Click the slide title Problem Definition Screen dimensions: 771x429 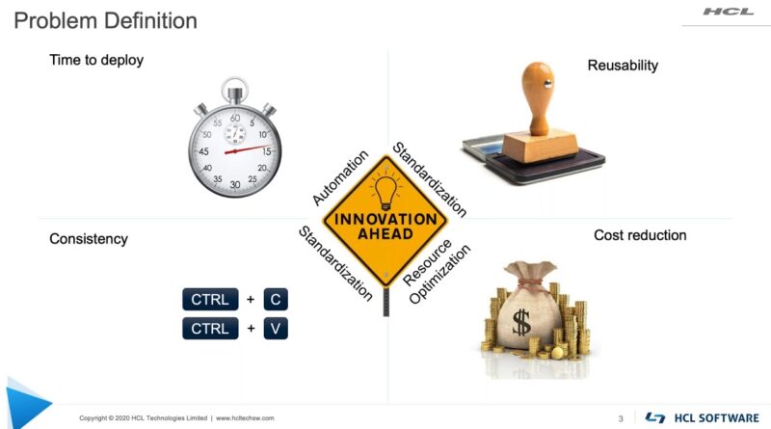(105, 21)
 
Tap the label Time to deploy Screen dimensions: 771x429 (96, 60)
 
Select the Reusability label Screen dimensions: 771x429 (623, 66)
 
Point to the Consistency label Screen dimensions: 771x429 (89, 239)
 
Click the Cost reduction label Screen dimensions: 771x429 (640, 235)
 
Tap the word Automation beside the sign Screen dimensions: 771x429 (340, 177)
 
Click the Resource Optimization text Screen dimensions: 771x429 (436, 272)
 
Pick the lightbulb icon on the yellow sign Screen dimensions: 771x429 (386, 193)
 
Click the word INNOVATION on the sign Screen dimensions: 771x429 (385, 219)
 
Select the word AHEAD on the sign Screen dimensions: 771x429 (385, 233)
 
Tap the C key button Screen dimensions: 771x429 (276, 299)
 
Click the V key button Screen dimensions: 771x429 (276, 328)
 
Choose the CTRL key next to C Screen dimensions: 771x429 (210, 299)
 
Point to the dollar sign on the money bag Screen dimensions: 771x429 (521, 323)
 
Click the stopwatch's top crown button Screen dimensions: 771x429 (234, 91)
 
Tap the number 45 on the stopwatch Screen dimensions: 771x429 (203, 151)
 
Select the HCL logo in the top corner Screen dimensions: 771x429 (729, 12)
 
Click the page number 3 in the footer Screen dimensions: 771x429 (621, 418)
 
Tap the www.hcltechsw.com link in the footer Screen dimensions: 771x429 (245, 418)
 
